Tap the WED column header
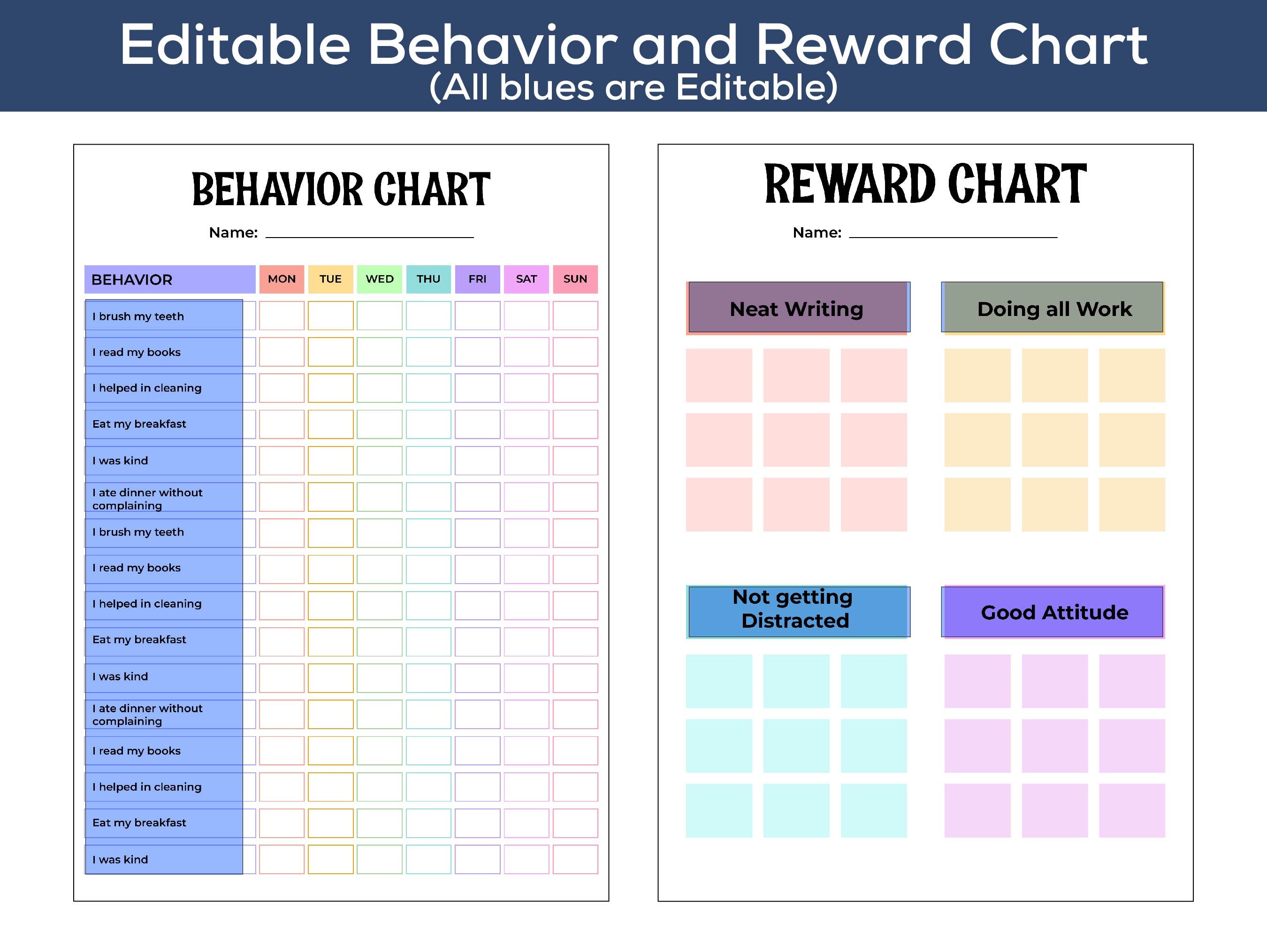(x=380, y=279)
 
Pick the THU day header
(x=428, y=279)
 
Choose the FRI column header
(x=477, y=279)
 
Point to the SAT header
(x=526, y=279)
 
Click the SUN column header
(x=575, y=279)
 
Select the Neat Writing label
(x=796, y=308)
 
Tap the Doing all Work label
(x=1054, y=308)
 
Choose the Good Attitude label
(x=1054, y=612)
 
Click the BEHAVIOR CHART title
(x=341, y=189)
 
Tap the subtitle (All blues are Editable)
(x=633, y=87)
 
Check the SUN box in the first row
(x=575, y=316)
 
